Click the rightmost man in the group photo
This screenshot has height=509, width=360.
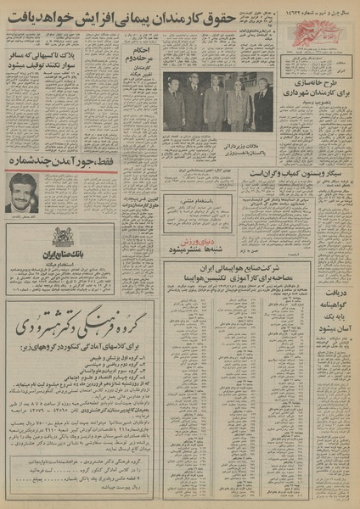[x=263, y=105]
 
